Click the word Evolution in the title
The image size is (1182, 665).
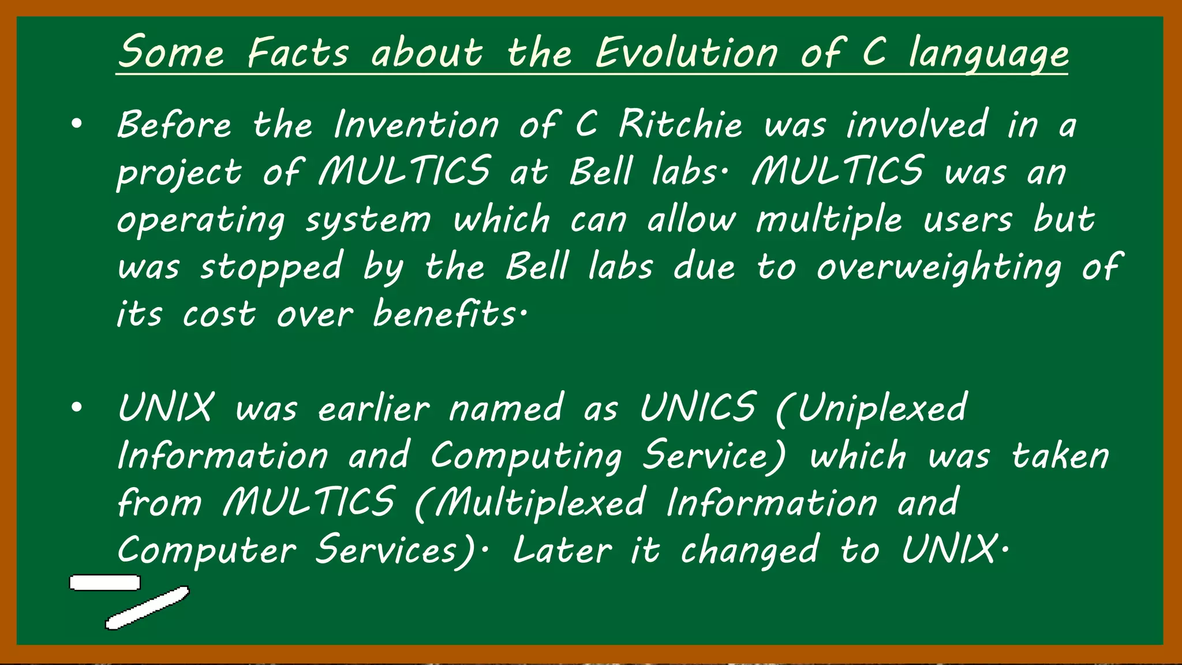pyautogui.click(x=686, y=53)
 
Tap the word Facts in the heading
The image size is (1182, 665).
pyautogui.click(x=298, y=53)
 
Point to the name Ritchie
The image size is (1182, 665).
pyautogui.click(x=680, y=124)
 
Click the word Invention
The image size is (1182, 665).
pyautogui.click(x=416, y=124)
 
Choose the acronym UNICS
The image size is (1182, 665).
pyautogui.click(x=698, y=408)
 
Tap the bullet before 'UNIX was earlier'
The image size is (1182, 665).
pyautogui.click(x=77, y=408)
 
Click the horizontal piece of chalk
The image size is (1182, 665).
pyautogui.click(x=105, y=583)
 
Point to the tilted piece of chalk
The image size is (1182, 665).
pyautogui.click(x=148, y=608)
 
